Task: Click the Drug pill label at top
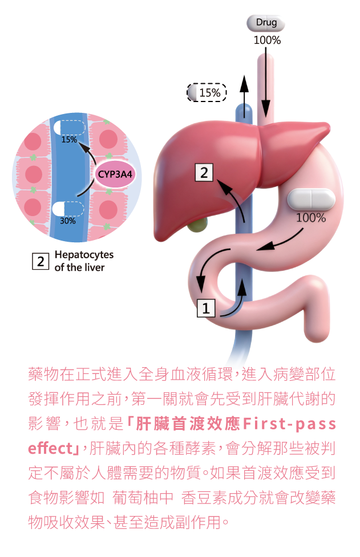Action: click(266, 23)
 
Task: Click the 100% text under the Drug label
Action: click(267, 40)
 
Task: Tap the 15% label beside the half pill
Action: click(209, 93)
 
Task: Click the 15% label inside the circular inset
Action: click(69, 139)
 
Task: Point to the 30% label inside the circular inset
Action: click(68, 221)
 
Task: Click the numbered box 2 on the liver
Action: click(204, 172)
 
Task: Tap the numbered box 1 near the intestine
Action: click(206, 308)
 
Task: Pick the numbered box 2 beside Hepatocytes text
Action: click(40, 262)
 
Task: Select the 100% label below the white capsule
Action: click(310, 218)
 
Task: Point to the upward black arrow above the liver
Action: click(244, 94)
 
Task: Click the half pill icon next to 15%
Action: click(192, 92)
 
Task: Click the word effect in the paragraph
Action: click(51, 449)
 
